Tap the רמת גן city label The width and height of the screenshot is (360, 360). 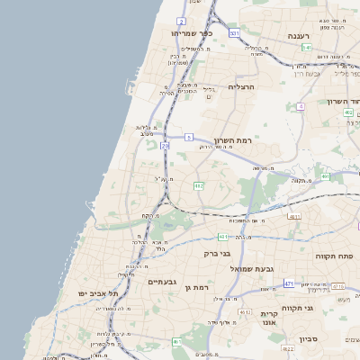tap(195, 287)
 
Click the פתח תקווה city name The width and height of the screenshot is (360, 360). tap(331, 256)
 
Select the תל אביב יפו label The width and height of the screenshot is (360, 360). tap(99, 293)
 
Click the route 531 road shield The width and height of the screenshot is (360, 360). tap(234, 33)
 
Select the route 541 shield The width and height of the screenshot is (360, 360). tap(307, 47)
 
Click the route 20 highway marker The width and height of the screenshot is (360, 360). tap(165, 145)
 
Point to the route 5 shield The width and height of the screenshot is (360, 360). tap(189, 137)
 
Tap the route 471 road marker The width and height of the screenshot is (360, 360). tap(289, 283)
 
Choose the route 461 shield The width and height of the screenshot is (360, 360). tap(177, 342)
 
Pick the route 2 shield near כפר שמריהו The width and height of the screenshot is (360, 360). tap(182, 20)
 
